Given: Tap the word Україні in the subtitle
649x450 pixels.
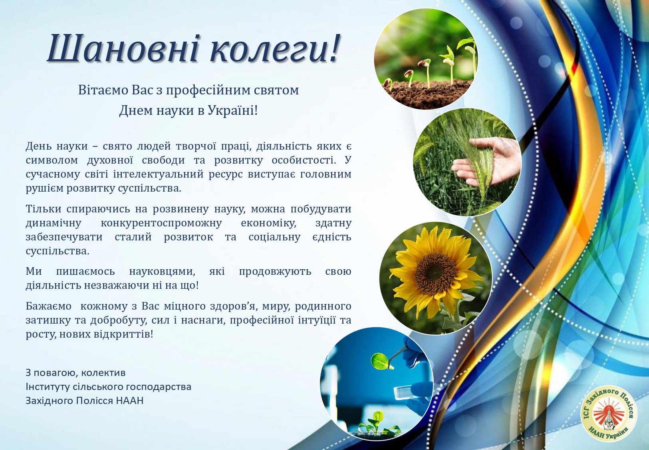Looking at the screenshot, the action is point(232,110).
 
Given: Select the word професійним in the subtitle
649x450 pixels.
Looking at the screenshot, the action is point(208,90).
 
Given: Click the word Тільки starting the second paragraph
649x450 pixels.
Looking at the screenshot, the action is point(43,209).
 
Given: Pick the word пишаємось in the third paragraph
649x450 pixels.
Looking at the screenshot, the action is point(85,272).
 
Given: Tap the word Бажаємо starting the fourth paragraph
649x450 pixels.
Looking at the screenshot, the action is point(49,306).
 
